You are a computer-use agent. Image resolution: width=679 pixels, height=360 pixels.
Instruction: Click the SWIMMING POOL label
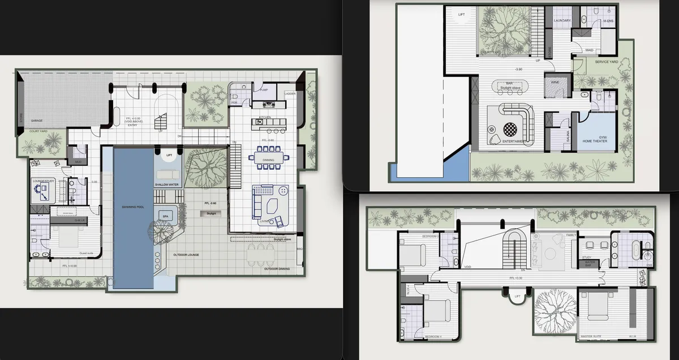click(133, 207)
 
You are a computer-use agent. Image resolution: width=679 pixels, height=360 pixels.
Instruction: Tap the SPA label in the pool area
click(166, 216)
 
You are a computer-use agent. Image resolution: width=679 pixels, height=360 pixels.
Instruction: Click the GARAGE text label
click(37, 121)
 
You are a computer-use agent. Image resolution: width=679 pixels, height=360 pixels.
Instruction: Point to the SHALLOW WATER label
click(167, 185)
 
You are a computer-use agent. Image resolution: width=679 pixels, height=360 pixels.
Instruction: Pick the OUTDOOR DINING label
click(277, 269)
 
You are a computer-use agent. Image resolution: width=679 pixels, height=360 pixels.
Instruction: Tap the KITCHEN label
click(265, 117)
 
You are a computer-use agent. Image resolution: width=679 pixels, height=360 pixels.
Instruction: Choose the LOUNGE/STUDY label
click(43, 181)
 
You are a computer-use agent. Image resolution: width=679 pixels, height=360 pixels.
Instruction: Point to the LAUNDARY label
click(562, 20)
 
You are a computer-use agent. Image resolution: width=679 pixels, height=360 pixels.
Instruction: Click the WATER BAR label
click(591, 263)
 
